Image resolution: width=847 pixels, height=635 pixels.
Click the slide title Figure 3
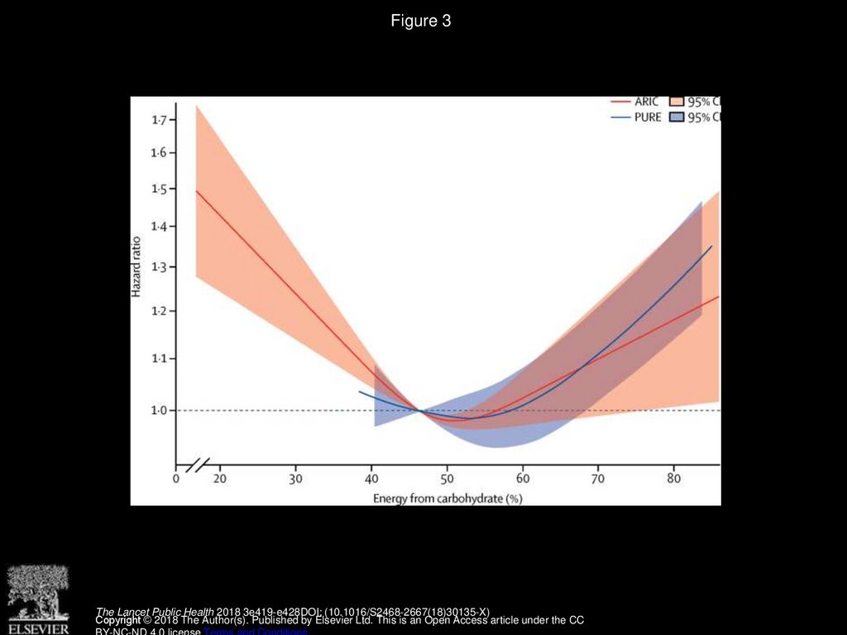421,22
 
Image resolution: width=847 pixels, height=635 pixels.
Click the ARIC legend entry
646,102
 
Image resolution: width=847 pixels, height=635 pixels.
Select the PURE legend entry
648,118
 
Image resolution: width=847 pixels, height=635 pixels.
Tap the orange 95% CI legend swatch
676,102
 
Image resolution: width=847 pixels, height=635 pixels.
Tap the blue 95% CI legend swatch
676,118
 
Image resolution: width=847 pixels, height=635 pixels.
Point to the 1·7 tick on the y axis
158,120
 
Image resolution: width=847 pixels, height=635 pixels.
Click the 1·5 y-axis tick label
158,190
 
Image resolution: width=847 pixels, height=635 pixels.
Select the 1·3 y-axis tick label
158,267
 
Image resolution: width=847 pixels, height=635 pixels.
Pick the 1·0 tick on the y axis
158,411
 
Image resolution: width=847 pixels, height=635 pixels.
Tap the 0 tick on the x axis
176,479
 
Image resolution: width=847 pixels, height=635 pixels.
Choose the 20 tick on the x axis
220,479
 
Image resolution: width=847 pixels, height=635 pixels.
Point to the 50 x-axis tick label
447,479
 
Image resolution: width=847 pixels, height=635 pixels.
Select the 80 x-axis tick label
673,479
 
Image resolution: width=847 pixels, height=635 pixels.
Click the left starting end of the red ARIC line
196,191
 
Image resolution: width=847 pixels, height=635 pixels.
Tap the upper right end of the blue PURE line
711,246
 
